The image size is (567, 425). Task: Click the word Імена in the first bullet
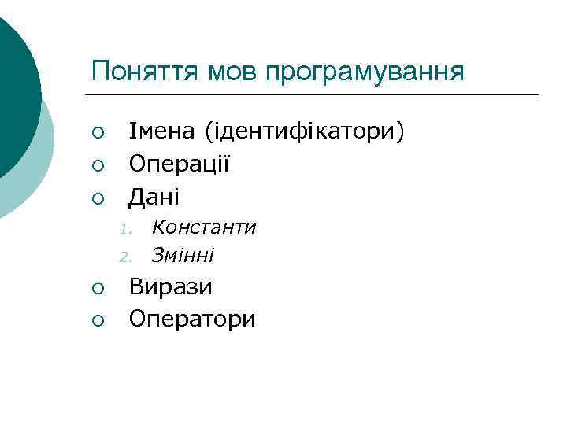163,131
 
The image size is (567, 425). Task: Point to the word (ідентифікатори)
304,132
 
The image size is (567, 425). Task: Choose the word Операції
180,163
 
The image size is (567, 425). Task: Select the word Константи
204,227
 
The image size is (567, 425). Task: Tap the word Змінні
183,256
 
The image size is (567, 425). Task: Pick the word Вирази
171,286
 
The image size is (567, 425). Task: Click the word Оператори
192,318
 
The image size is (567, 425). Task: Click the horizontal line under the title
315,95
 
